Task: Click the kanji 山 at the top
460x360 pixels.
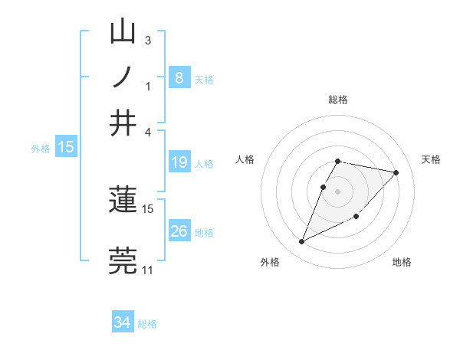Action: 123,34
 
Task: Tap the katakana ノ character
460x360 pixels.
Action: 123,77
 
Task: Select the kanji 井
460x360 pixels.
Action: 123,123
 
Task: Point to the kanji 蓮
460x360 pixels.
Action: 123,201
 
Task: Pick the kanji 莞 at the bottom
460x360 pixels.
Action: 123,260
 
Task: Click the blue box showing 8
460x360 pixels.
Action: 179,78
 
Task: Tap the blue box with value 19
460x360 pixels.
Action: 179,162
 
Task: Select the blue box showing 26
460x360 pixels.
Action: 179,231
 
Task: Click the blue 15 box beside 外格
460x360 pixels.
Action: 66,148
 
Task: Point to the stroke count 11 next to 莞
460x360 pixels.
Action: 147,270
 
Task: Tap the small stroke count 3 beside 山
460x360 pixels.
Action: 148,40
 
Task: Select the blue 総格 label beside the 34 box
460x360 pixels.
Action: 147,324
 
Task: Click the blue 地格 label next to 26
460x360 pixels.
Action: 204,233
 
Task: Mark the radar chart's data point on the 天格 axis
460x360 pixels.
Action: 396,173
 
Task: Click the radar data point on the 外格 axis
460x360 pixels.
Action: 301,242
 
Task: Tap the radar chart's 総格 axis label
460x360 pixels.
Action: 338,100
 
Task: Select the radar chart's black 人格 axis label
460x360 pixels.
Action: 245,159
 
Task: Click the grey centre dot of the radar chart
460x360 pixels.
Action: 338,190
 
